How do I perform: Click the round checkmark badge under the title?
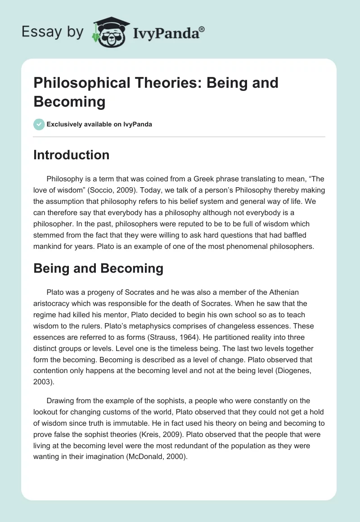click(x=39, y=124)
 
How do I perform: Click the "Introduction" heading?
click(x=72, y=155)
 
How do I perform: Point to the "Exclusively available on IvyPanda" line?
click(x=99, y=124)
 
